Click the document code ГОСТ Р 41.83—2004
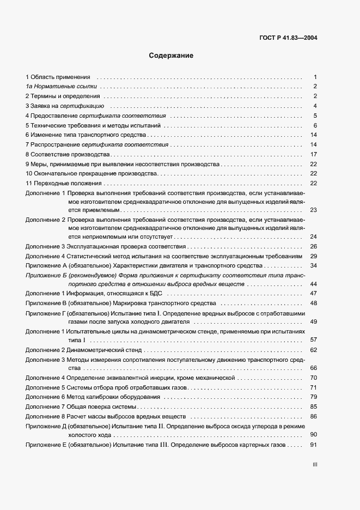pos(289,38)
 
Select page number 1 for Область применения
pos(315,77)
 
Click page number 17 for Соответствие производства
pos(314,154)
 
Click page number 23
pos(313,210)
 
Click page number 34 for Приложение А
pos(313,265)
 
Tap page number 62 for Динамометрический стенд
pos(313,349)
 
